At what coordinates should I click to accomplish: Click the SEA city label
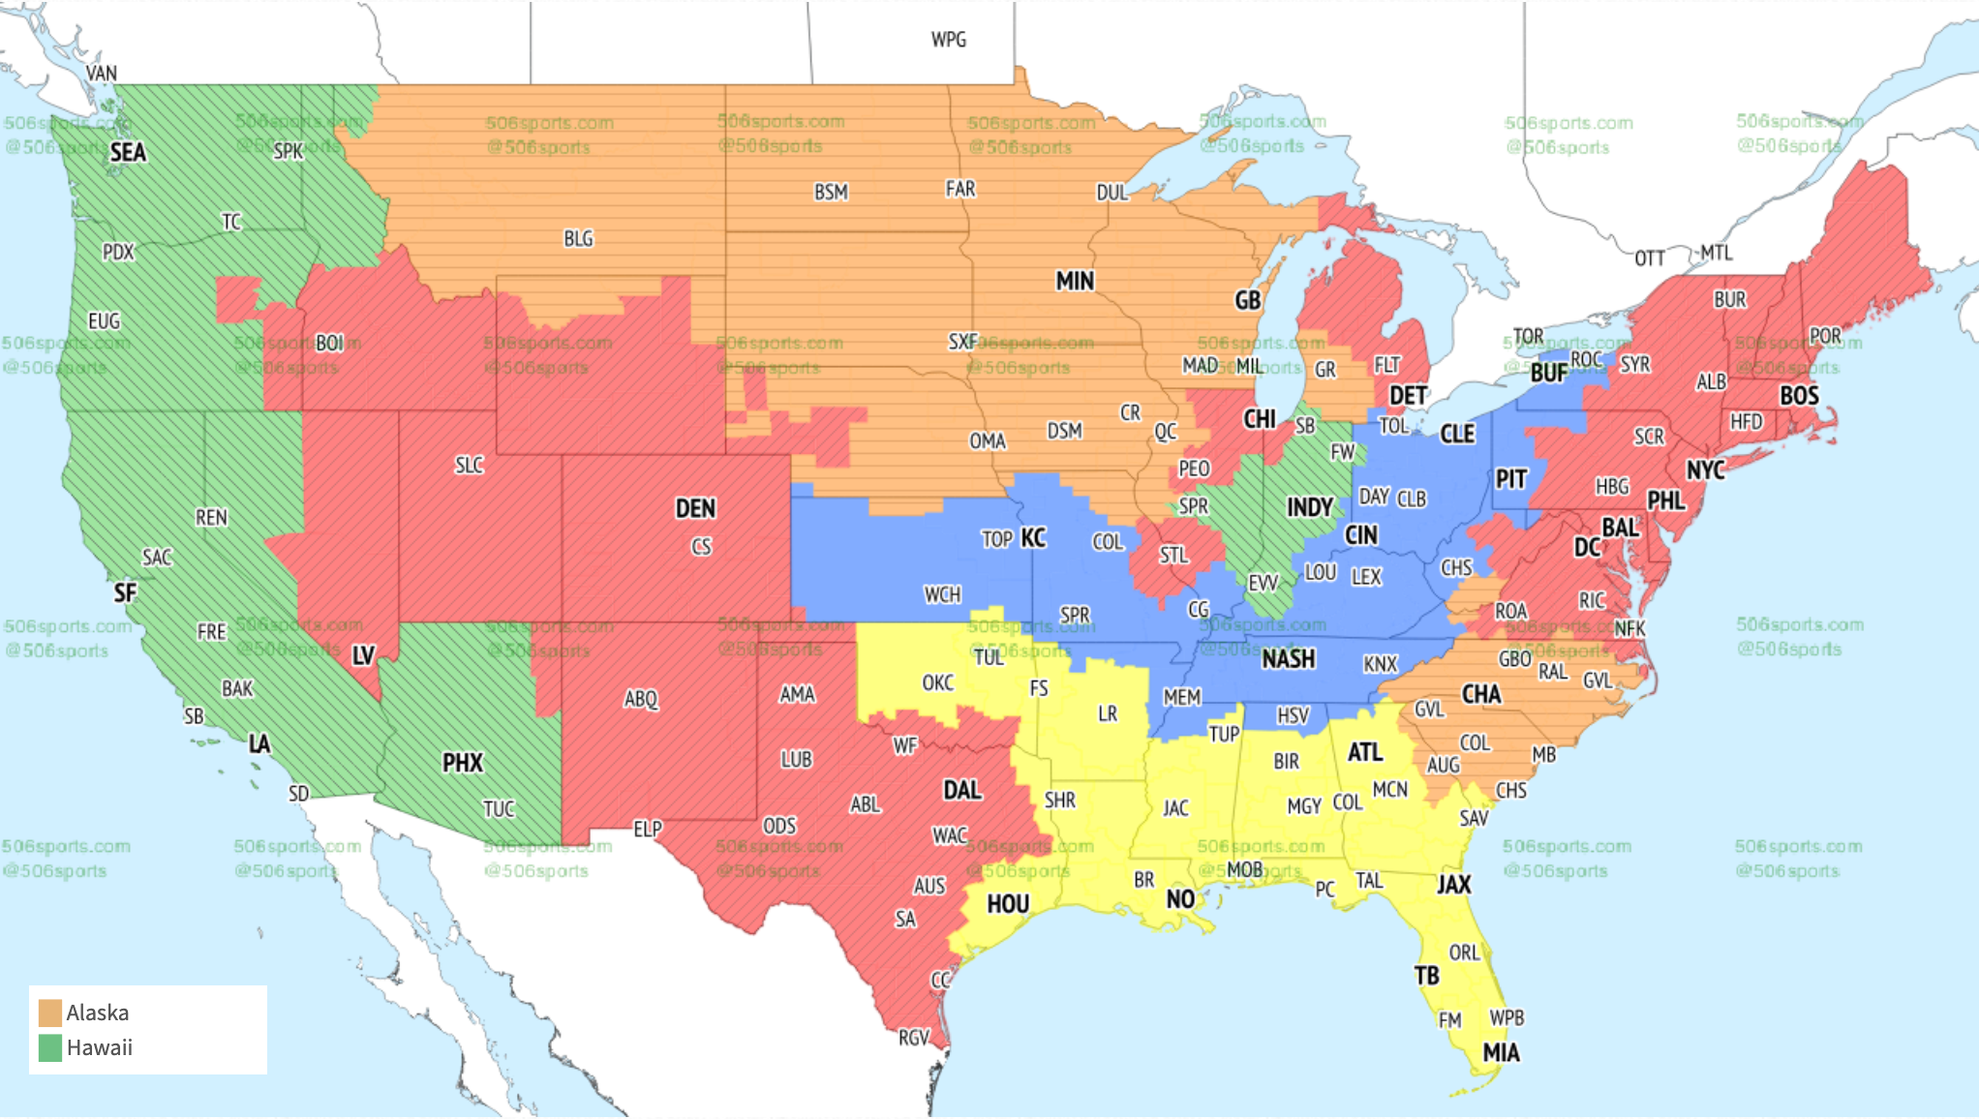(x=128, y=152)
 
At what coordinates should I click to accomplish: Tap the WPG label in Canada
(x=948, y=40)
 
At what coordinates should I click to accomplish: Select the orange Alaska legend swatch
(x=50, y=1013)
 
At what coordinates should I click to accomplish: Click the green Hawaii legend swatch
(x=50, y=1047)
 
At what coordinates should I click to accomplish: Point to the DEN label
(x=695, y=508)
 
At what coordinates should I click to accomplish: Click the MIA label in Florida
(x=1501, y=1052)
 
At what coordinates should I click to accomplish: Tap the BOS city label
(x=1799, y=395)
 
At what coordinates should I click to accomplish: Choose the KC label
(x=1033, y=537)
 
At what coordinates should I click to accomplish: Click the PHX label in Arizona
(x=462, y=763)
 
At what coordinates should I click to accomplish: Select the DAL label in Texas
(x=961, y=790)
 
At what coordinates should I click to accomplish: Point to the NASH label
(x=1288, y=659)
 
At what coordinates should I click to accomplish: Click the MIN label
(x=1075, y=281)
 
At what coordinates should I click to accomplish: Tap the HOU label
(x=1007, y=904)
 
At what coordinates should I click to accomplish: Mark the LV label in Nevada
(x=363, y=655)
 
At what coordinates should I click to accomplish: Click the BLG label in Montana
(x=578, y=238)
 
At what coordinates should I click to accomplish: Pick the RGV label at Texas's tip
(x=913, y=1038)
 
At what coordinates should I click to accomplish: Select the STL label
(x=1172, y=555)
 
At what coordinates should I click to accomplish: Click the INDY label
(x=1309, y=507)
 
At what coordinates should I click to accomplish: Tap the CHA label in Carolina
(x=1480, y=694)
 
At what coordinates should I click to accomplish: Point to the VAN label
(x=101, y=74)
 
